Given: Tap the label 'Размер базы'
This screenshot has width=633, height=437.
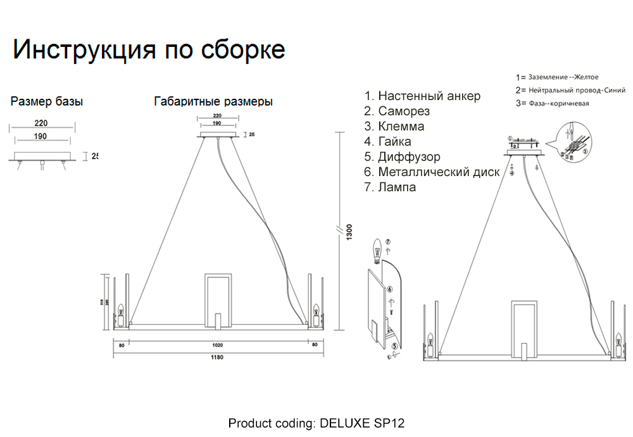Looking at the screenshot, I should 47,101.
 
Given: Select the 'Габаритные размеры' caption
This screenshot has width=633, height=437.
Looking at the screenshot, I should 213,101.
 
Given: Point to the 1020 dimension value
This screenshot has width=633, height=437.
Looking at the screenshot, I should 218,345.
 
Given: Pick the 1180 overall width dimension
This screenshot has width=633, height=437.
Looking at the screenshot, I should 216,357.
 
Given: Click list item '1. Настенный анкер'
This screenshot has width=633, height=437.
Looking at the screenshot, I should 422,96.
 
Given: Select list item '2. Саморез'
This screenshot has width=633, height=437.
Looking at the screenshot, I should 397,111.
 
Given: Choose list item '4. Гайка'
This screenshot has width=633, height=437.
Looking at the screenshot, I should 387,141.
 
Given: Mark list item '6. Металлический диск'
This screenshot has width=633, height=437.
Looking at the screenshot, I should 432,172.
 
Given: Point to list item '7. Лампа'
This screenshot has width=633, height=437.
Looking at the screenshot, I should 390,187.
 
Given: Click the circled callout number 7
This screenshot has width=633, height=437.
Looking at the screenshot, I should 389,241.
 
